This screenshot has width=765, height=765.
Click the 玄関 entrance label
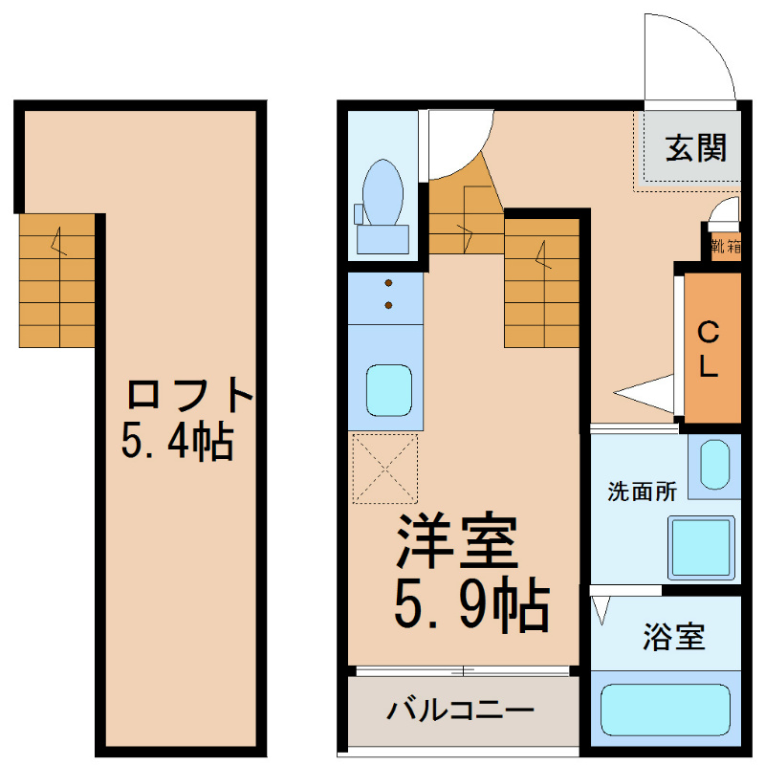tap(696, 148)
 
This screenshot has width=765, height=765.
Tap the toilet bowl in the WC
tap(383, 192)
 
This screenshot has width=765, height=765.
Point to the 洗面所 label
tap(642, 492)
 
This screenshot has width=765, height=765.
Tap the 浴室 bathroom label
tap(674, 637)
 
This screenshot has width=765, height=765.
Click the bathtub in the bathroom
tap(666, 710)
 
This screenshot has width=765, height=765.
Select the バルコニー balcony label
tap(461, 710)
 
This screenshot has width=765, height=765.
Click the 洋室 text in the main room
tap(458, 541)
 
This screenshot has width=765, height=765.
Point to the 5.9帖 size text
tap(471, 605)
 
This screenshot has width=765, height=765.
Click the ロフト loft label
tap(189, 393)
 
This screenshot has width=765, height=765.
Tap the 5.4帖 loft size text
tap(177, 441)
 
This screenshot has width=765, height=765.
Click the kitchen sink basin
tap(389, 390)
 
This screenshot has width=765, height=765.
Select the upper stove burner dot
tap(389, 283)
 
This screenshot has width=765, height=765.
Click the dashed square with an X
tap(385, 469)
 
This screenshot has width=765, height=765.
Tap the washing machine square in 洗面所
tap(702, 548)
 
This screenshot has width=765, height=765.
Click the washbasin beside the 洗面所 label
tap(714, 464)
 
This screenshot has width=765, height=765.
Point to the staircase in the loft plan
tap(57, 280)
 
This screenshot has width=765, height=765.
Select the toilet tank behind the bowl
tap(383, 239)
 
